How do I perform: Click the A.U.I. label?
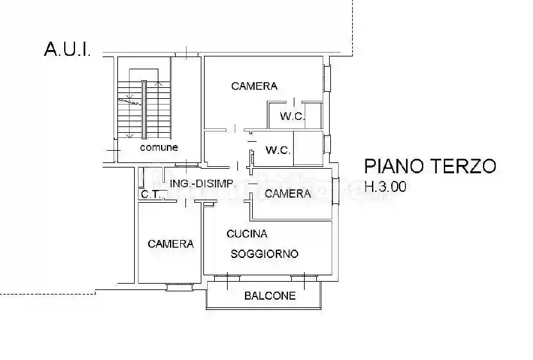[67, 49]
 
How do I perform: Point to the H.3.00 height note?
[385, 187]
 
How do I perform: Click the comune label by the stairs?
[159, 147]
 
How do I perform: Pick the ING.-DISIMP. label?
[203, 184]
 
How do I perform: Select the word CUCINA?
[246, 234]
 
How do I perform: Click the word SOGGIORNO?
[264, 253]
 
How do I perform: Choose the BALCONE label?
[270, 296]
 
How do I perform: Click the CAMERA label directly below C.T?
[171, 244]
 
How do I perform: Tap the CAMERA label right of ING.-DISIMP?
[287, 193]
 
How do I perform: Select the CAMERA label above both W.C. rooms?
[254, 86]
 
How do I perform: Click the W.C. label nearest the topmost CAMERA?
[292, 116]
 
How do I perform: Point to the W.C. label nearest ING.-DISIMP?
[278, 151]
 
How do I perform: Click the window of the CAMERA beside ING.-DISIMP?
[334, 193]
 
